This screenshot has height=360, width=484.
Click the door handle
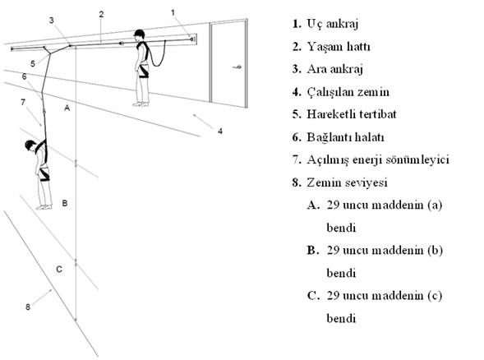pyautogui.click(x=237, y=67)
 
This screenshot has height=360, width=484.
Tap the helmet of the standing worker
pyautogui.click(x=140, y=34)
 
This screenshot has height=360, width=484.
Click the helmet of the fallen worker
pyautogui.click(x=30, y=145)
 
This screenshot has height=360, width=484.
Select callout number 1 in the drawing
pyautogui.click(x=173, y=12)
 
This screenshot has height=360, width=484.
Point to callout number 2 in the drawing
pyautogui.click(x=101, y=14)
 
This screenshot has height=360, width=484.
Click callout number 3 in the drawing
pyautogui.click(x=51, y=20)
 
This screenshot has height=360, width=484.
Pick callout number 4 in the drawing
pyautogui.click(x=220, y=132)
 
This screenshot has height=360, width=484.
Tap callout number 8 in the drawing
pyautogui.click(x=28, y=307)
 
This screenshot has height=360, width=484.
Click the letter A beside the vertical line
pyautogui.click(x=67, y=108)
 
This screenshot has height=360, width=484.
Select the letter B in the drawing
pyautogui.click(x=65, y=203)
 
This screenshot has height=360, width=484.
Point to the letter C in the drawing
pyautogui.click(x=59, y=270)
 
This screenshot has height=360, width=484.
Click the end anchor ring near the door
pyautogui.click(x=192, y=39)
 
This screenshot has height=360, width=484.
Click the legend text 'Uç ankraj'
pyautogui.click(x=333, y=24)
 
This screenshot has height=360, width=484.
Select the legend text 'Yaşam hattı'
pyautogui.click(x=339, y=47)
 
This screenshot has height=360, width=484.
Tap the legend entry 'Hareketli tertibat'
pyautogui.click(x=351, y=114)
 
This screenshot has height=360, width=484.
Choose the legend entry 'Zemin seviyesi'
pyautogui.click(x=347, y=182)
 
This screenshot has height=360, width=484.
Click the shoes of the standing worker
pyautogui.click(x=141, y=104)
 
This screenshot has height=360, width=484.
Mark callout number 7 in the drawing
pyautogui.click(x=23, y=102)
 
